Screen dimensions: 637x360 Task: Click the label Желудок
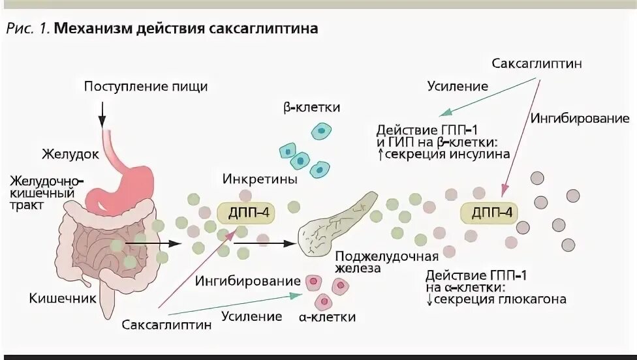[70, 155]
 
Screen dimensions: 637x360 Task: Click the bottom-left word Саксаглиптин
[166, 324]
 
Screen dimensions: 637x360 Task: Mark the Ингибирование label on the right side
[580, 118]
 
